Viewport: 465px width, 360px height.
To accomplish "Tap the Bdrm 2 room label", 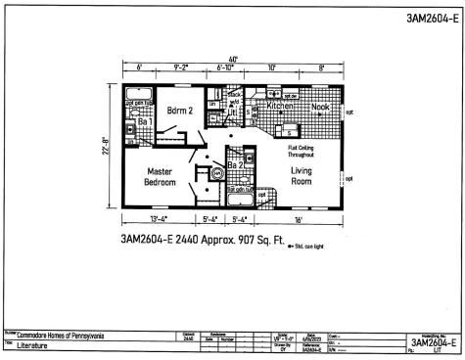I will [178, 110].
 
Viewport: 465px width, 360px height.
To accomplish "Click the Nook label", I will [321, 105].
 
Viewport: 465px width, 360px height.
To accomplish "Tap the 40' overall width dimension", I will [232, 58].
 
